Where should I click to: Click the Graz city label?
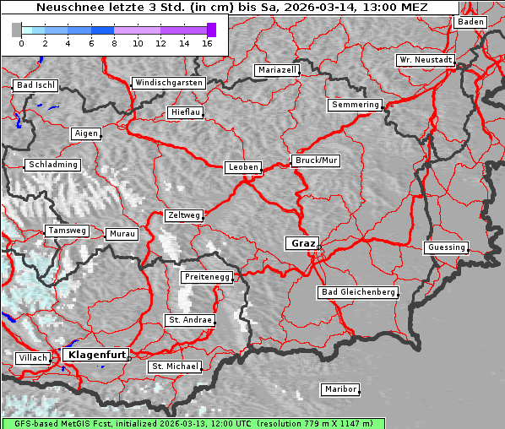pyautogui.click(x=301, y=243)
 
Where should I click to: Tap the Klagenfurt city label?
pyautogui.click(x=95, y=355)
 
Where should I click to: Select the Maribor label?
pyautogui.click(x=340, y=389)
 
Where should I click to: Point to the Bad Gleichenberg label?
pyautogui.click(x=357, y=292)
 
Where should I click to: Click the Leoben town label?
pyautogui.click(x=243, y=167)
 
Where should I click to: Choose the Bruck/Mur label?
pyautogui.click(x=315, y=160)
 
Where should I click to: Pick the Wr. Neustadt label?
pyautogui.click(x=425, y=61)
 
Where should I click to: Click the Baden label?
pyautogui.click(x=470, y=22)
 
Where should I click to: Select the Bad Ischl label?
pyautogui.click(x=35, y=85)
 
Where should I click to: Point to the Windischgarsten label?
pyautogui.click(x=168, y=83)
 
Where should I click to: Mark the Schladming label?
pyautogui.click(x=52, y=165)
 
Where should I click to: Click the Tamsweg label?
pyautogui.click(x=66, y=231)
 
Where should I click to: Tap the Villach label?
pyautogui.click(x=32, y=358)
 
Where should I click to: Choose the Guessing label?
pyautogui.click(x=446, y=247)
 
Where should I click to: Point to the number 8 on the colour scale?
pyautogui.click(x=113, y=42)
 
